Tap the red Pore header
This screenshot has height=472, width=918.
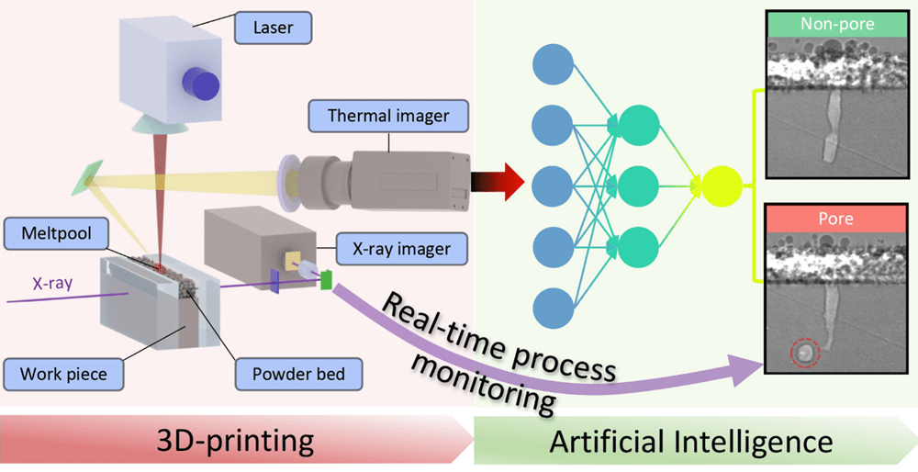[x=835, y=219]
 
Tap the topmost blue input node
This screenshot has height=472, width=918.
[x=553, y=64]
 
